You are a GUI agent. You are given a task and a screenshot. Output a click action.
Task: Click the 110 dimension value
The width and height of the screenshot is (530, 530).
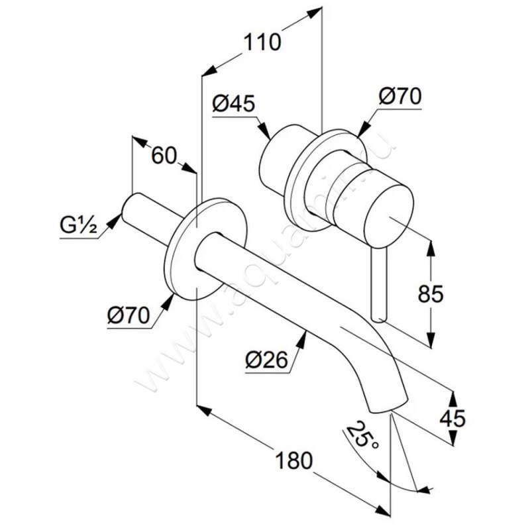[x=262, y=43]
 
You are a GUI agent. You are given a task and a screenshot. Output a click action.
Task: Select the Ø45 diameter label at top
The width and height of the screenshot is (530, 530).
[x=233, y=103]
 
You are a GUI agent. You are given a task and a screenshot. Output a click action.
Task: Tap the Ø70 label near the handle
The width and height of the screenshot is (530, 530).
[x=400, y=97]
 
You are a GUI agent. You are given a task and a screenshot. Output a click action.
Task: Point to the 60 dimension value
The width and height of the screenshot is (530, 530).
[x=164, y=156]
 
